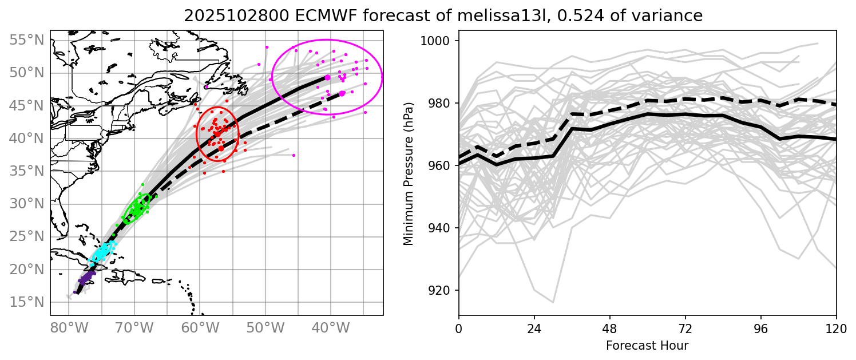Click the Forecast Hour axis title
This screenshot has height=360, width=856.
(x=647, y=346)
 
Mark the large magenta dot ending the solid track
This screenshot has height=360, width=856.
(x=328, y=77)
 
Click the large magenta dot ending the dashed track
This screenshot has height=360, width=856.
(x=342, y=93)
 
